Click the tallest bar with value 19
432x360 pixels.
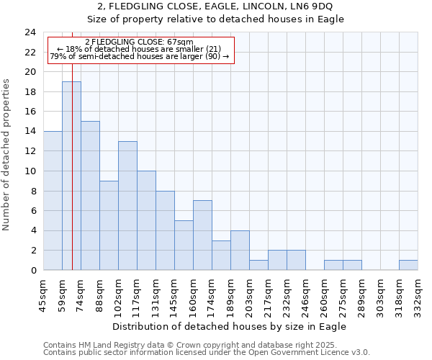[x=71, y=176]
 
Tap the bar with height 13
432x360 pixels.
[x=127, y=205]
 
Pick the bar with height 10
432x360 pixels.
[x=146, y=220]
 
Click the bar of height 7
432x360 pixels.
[x=202, y=235]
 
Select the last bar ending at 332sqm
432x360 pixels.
[x=408, y=265]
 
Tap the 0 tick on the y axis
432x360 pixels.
[x=33, y=270]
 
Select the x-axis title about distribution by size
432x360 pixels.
[x=230, y=326]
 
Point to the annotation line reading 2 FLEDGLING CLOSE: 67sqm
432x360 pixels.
[x=139, y=42]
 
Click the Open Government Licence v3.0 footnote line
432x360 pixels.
[x=207, y=352]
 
